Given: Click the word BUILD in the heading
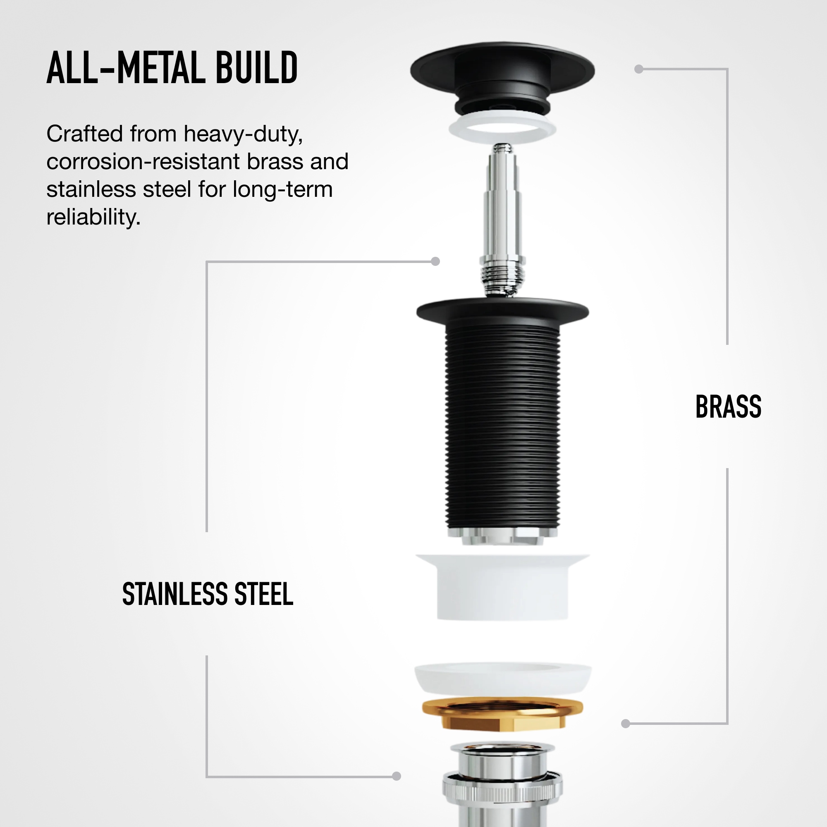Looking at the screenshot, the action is coord(256,68).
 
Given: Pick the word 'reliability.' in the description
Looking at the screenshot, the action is coord(93,217).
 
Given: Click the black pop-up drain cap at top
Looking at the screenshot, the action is coord(502,79).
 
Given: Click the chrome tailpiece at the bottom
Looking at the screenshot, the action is coord(502,784).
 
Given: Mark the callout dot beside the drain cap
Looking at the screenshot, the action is coord(639,69).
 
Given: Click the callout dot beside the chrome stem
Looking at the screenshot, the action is coord(435,261).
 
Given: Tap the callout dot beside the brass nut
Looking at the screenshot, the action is coord(625,723).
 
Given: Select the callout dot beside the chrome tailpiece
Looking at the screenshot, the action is coord(397,788).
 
